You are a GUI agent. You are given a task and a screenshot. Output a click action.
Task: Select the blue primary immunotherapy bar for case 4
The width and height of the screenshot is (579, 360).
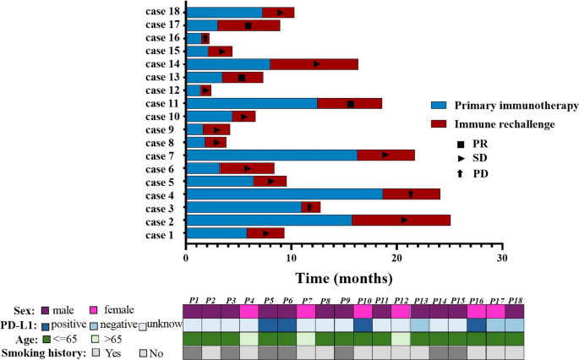[x=284, y=194]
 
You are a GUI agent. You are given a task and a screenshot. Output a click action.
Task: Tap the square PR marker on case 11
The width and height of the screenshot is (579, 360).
[x=351, y=104]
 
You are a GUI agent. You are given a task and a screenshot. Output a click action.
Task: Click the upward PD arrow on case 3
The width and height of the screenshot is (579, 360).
[x=309, y=207]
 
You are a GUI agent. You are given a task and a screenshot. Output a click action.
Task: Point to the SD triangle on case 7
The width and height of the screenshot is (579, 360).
[x=385, y=155]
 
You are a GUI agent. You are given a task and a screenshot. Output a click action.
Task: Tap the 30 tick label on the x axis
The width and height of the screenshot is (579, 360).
[x=501, y=257]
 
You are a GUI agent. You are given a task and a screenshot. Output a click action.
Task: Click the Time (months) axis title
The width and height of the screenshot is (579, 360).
[x=343, y=277]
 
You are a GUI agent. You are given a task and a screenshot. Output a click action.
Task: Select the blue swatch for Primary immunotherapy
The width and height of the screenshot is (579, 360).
[x=439, y=106]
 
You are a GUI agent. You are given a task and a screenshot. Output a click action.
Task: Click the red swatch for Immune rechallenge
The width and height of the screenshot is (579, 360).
[x=439, y=124]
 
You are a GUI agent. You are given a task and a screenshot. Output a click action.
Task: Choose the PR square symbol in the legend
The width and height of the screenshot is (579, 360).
[x=462, y=144]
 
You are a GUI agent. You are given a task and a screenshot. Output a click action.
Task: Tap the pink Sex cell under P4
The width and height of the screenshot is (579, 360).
[x=249, y=311]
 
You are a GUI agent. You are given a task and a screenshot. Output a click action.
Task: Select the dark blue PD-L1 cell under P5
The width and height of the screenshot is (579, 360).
[x=268, y=325]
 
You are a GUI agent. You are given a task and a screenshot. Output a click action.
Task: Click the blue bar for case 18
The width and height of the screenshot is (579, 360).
[x=224, y=13]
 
